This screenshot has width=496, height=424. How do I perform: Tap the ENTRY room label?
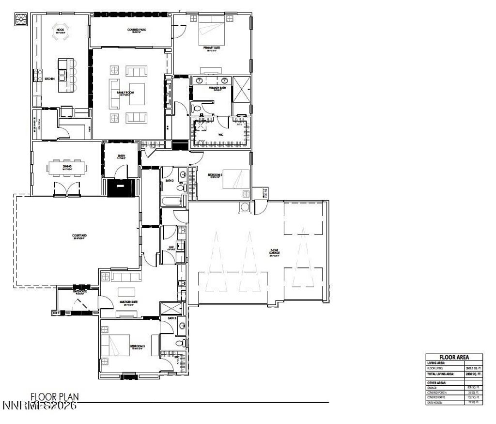121,156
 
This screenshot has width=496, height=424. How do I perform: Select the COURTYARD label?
78,237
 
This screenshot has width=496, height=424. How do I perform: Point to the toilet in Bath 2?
180,188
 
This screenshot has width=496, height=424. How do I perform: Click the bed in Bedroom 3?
115,346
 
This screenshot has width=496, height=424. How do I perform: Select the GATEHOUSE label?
79,292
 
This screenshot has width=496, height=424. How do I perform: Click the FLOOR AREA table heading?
454,357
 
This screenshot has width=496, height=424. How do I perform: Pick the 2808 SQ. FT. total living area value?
473,375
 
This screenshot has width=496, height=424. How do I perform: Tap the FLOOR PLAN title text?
55,397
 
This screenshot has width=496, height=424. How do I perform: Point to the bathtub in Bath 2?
172,201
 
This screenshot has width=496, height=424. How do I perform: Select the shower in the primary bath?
241,89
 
